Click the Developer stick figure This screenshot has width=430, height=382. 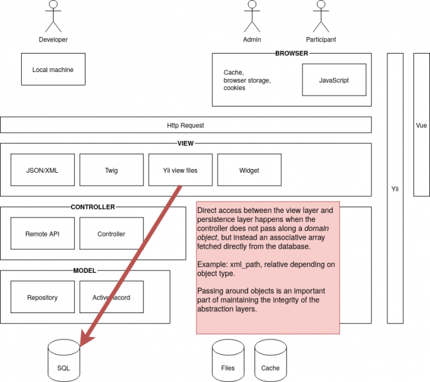[53, 17]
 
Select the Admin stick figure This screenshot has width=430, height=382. [252, 17]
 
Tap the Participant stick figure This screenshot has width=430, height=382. [321, 17]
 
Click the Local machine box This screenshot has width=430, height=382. [53, 70]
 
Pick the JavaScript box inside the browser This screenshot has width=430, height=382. [334, 80]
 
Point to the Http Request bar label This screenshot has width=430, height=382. [186, 125]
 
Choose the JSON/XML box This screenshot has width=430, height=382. [43, 170]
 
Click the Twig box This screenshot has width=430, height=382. [112, 170]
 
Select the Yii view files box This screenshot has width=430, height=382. [181, 170]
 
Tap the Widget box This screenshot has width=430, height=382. [249, 170]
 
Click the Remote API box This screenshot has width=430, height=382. [43, 234]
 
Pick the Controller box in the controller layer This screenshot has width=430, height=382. [112, 234]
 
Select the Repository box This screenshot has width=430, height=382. [43, 297]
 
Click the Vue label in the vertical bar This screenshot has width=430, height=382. [421, 125]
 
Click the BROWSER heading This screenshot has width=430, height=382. [292, 54]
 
